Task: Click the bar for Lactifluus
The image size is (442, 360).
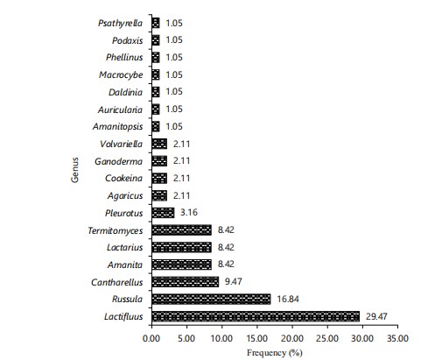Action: (256, 316)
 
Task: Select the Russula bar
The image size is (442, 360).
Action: (211, 300)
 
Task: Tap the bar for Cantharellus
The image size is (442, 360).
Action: (186, 282)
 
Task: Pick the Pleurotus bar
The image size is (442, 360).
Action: (163, 213)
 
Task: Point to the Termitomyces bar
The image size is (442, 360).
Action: (182, 230)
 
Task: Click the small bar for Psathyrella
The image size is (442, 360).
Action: (156, 23)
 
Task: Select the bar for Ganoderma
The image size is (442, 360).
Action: (159, 161)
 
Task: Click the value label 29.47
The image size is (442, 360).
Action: (376, 316)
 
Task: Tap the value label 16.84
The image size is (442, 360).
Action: (288, 300)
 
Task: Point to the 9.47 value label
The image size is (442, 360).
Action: (234, 282)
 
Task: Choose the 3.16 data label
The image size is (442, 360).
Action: (189, 213)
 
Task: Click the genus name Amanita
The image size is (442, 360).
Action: (125, 265)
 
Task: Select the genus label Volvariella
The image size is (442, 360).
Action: (122, 144)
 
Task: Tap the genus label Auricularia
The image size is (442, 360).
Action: (120, 109)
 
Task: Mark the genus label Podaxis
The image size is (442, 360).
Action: (128, 40)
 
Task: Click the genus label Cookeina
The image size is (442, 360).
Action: (124, 178)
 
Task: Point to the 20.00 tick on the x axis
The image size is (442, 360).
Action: (292, 338)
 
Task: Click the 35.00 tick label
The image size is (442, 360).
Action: (397, 338)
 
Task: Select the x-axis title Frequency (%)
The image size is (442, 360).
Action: (275, 353)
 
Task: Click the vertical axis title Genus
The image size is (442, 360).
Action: (75, 170)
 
